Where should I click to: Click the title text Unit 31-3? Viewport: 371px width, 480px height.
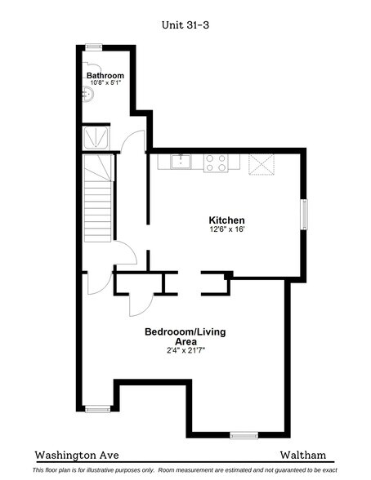click(x=185, y=24)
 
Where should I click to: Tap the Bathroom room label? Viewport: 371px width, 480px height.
click(x=105, y=75)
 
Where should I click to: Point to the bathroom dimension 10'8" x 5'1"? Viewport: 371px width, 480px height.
click(x=105, y=83)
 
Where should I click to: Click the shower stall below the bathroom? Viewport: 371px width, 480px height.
click(x=96, y=137)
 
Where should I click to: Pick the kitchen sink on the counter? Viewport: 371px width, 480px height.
click(x=181, y=162)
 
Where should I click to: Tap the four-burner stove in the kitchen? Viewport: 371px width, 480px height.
click(x=216, y=162)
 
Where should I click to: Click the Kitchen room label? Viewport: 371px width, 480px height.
click(x=226, y=220)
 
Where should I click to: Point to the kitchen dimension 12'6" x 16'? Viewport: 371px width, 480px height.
click(x=226, y=230)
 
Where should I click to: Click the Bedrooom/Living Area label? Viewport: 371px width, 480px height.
click(x=185, y=336)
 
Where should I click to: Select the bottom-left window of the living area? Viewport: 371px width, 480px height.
click(x=97, y=408)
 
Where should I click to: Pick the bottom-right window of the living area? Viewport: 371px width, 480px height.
click(x=243, y=435)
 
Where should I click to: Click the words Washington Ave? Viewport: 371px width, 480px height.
click(x=72, y=454)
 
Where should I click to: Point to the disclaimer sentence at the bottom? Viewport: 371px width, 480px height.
click(x=185, y=471)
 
